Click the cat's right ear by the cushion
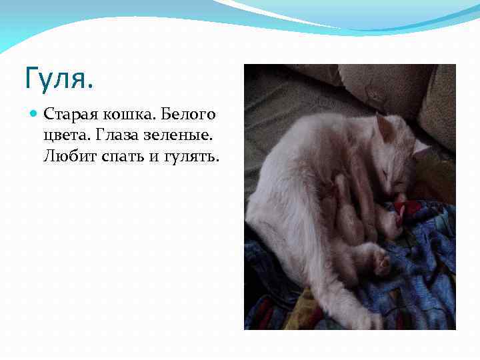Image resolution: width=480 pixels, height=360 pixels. (x=420, y=147)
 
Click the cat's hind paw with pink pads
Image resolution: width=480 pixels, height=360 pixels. (x=382, y=263)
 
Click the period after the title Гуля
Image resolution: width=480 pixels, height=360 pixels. (x=91, y=87)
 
